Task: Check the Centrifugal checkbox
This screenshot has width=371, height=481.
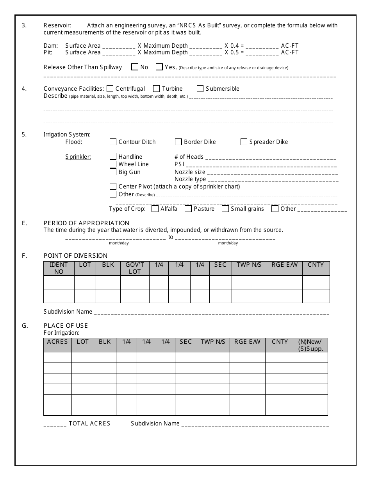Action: point(110,88)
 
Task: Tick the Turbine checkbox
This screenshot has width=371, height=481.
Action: point(157,88)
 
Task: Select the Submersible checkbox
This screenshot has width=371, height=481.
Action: point(200,88)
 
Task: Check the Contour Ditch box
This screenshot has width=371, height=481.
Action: point(113,142)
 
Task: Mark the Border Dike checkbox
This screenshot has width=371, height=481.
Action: point(178,142)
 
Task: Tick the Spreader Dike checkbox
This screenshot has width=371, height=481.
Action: point(244,142)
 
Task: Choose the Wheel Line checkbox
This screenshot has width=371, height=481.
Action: point(113,164)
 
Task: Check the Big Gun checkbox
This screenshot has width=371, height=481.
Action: point(113,172)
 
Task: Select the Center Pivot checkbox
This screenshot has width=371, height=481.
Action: point(113,186)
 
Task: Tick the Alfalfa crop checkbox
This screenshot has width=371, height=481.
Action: point(155,208)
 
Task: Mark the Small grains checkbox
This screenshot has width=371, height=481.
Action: point(225,208)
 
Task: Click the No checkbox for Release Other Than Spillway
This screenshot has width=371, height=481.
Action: point(135,67)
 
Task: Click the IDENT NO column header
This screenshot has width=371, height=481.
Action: point(59,268)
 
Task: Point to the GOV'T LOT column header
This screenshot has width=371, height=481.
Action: point(135,268)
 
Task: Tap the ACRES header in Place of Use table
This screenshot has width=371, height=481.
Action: point(57,342)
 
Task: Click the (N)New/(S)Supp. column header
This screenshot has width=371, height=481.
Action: point(311,345)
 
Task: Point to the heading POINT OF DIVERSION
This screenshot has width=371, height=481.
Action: point(75,256)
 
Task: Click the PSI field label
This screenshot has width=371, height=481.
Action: point(179,164)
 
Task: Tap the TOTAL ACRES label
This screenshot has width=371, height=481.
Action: point(89,423)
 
